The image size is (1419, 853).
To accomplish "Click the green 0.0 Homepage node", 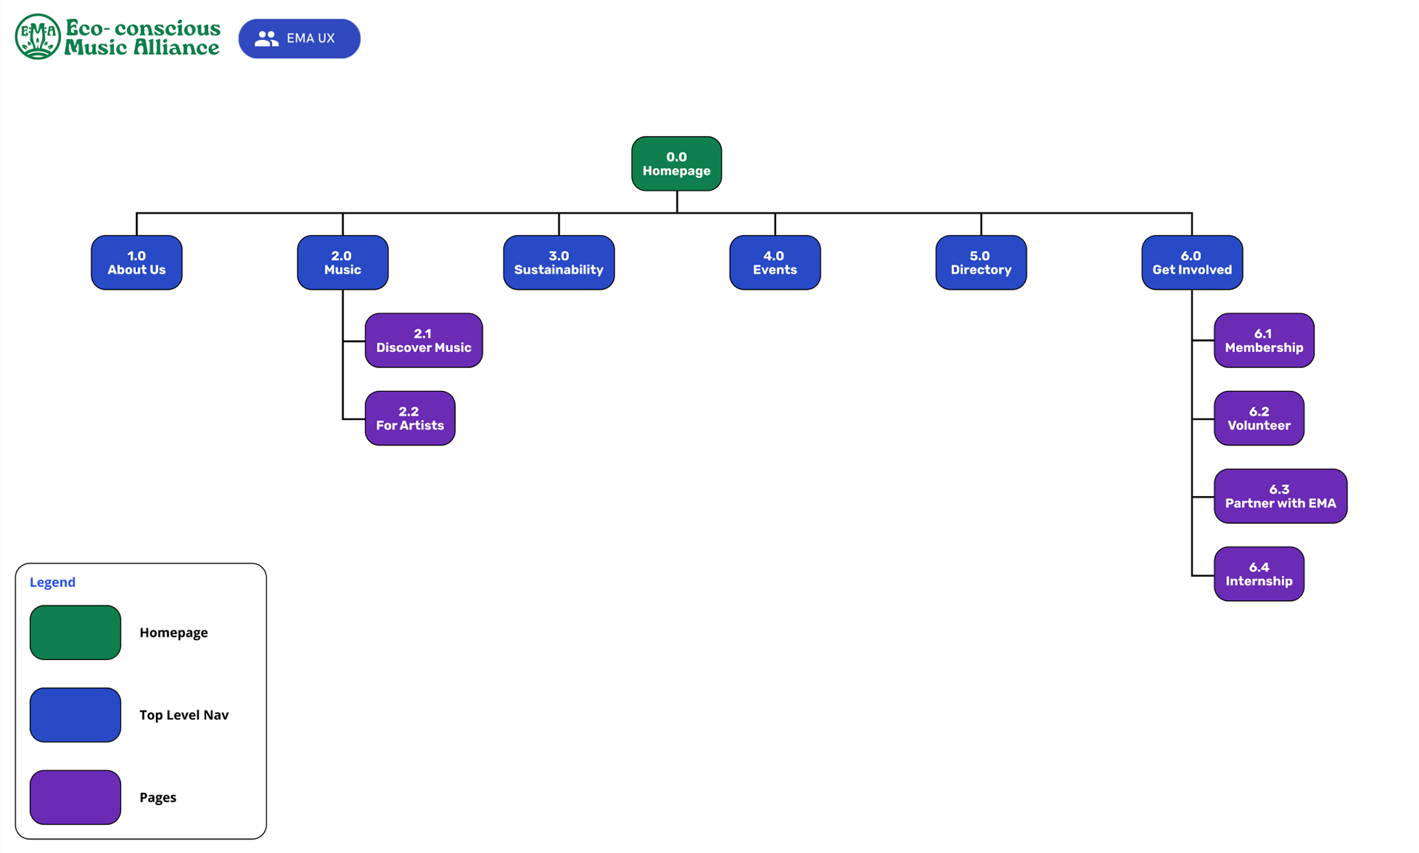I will pyautogui.click(x=676, y=163).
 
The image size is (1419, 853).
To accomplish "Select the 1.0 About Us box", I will pyautogui.click(x=137, y=262).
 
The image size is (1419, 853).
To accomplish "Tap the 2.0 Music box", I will pyautogui.click(x=342, y=262).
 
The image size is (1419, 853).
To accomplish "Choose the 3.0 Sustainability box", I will pyautogui.click(x=559, y=262).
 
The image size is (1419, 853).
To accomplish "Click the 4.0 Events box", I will pyautogui.click(x=775, y=262).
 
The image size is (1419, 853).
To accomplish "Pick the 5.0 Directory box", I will pyautogui.click(x=981, y=262).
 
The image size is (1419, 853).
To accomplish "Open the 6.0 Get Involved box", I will pyautogui.click(x=1191, y=262).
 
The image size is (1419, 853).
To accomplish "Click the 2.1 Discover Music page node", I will pyautogui.click(x=423, y=340).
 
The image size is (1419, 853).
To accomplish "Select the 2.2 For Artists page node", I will pyautogui.click(x=409, y=418).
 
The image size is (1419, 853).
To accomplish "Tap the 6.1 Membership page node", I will pyautogui.click(x=1264, y=340).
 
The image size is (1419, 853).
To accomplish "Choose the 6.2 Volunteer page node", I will pyautogui.click(x=1259, y=418).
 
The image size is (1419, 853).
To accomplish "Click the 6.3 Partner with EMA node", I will pyautogui.click(x=1280, y=496).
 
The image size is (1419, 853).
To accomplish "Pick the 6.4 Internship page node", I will pyautogui.click(x=1259, y=574).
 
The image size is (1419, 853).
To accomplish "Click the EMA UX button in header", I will pyautogui.click(x=299, y=38).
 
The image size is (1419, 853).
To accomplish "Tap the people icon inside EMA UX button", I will pyautogui.click(x=266, y=38).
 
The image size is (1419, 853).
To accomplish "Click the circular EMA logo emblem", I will pyautogui.click(x=38, y=36).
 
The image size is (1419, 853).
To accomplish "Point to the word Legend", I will pyautogui.click(x=52, y=582).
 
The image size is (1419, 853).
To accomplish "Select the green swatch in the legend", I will pyautogui.click(x=75, y=632).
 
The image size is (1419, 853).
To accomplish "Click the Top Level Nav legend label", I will pyautogui.click(x=184, y=715).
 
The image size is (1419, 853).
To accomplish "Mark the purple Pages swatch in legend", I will pyautogui.click(x=75, y=797).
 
